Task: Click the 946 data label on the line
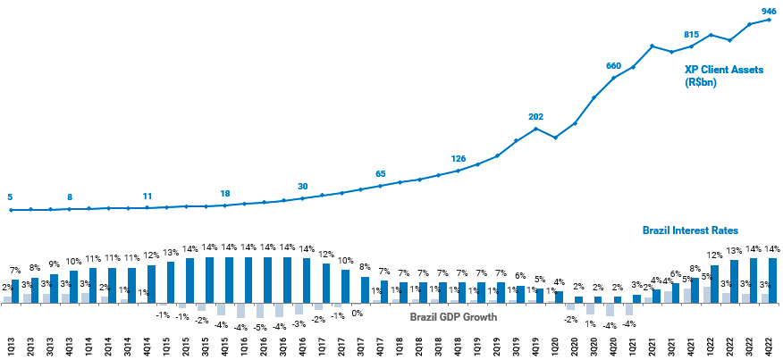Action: pyautogui.click(x=768, y=11)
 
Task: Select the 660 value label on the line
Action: pyautogui.click(x=613, y=66)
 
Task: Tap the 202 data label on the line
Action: pyautogui.click(x=535, y=117)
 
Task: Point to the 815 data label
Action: pyautogui.click(x=691, y=35)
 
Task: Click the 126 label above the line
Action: pyautogui.click(x=458, y=160)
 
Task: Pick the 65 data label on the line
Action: pyautogui.click(x=380, y=174)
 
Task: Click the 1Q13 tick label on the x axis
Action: pyautogui.click(x=11, y=347)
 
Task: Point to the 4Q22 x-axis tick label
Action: pyautogui.click(x=770, y=347)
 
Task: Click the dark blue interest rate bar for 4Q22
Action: pyautogui.click(x=772, y=280)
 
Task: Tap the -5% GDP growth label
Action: pyautogui.click(x=259, y=327)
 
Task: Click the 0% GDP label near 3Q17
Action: pyautogui.click(x=358, y=313)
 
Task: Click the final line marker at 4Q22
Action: pyautogui.click(x=769, y=20)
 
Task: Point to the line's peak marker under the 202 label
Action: pyautogui.click(x=536, y=129)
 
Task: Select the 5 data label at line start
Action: pyautogui.click(x=10, y=197)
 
